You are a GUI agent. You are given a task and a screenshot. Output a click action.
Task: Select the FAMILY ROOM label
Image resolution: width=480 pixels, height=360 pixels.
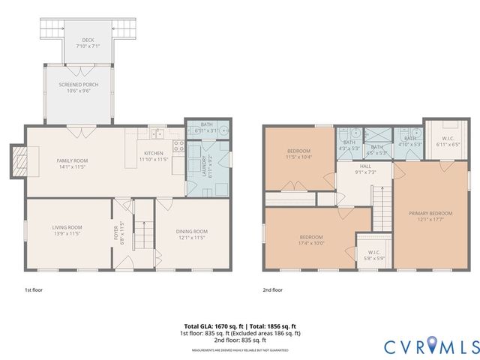tap(73, 163)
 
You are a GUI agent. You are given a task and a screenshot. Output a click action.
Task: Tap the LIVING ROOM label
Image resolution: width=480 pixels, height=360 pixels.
tap(67, 229)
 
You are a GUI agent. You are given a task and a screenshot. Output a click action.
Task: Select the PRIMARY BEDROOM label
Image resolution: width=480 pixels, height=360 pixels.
tap(430, 216)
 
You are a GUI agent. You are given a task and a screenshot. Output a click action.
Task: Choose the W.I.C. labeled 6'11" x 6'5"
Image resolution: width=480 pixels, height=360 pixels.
tap(445, 139)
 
